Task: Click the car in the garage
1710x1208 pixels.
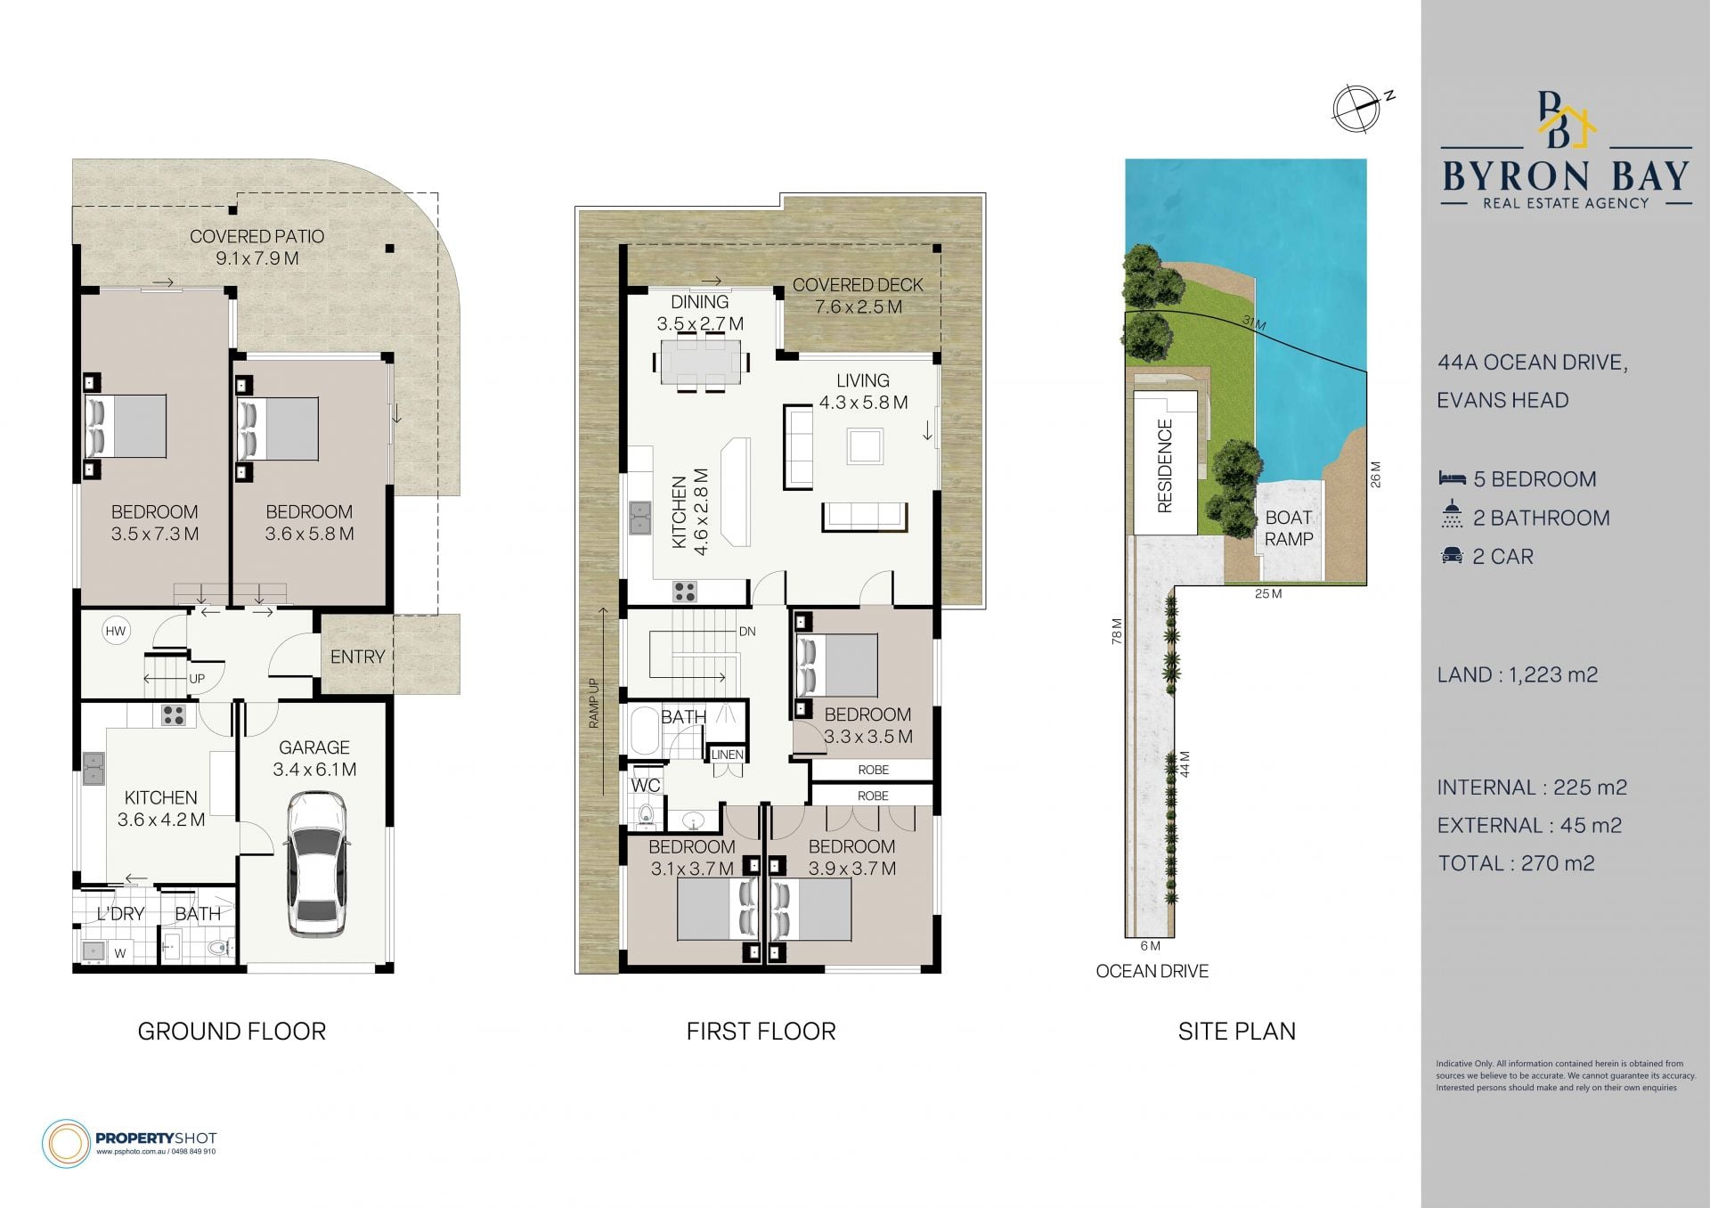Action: coord(316,865)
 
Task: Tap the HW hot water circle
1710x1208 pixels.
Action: coord(116,631)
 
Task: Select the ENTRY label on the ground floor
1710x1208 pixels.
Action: coord(357,657)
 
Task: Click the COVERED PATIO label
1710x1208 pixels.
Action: coord(256,236)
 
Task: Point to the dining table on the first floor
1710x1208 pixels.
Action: coord(701,361)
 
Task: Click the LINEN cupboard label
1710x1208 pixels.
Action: coord(727,755)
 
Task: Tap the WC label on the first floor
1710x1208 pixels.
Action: coord(646,785)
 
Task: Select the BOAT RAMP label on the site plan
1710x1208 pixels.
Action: coord(1289,528)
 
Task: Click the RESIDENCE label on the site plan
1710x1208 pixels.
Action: coord(1164,466)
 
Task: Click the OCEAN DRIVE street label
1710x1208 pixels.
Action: coord(1152,971)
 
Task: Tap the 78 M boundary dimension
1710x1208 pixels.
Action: coord(1117,631)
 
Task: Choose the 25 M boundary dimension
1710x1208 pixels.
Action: coord(1268,593)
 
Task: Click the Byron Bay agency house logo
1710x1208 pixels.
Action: coord(1565,119)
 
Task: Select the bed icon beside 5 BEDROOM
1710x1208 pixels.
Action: coord(1452,478)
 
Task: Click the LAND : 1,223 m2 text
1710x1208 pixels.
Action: coord(1518,674)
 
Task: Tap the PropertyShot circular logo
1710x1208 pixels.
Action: coord(66,1143)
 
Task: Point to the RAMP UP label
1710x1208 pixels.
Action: coord(594,704)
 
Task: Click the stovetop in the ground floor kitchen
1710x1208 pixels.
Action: coord(174,714)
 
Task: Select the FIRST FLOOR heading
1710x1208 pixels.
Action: coord(761,1032)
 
